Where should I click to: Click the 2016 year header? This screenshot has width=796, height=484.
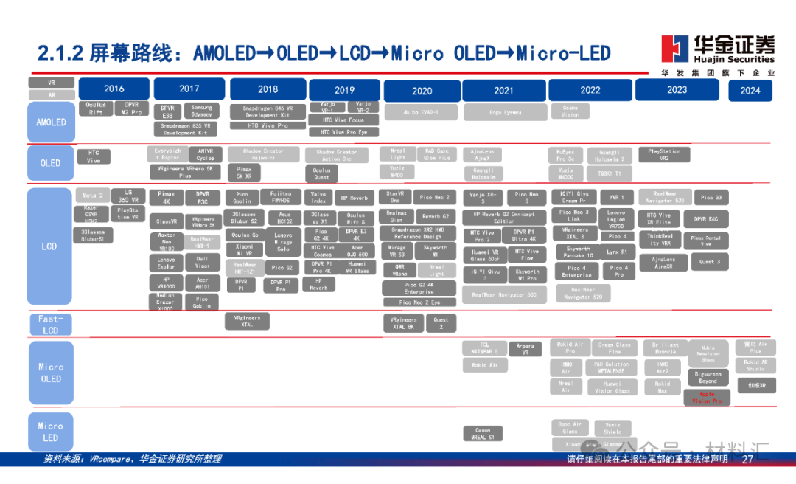click(114, 89)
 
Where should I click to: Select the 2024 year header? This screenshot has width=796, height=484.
click(750, 91)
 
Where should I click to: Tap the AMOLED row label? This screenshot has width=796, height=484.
click(51, 122)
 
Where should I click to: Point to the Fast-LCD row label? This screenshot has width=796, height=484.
click(50, 325)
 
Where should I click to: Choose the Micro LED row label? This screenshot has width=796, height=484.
click(50, 432)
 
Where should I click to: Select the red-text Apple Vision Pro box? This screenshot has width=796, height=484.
click(707, 398)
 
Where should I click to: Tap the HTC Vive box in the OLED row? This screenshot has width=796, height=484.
click(94, 156)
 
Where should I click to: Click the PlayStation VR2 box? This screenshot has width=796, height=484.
click(664, 155)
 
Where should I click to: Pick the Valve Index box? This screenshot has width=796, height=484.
click(318, 198)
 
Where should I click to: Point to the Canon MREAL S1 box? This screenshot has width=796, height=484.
click(483, 433)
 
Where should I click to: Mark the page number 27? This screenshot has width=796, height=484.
click(747, 460)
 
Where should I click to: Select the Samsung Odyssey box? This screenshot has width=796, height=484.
click(201, 111)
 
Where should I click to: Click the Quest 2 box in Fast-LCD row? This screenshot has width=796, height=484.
click(441, 323)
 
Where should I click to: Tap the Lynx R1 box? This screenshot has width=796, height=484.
click(617, 252)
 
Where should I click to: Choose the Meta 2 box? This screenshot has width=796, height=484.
click(93, 196)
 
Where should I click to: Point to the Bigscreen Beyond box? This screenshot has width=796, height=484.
click(707, 377)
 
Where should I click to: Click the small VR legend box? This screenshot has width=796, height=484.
click(52, 83)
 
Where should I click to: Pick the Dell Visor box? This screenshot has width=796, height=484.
click(202, 262)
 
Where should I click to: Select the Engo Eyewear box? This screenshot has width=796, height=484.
click(505, 112)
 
